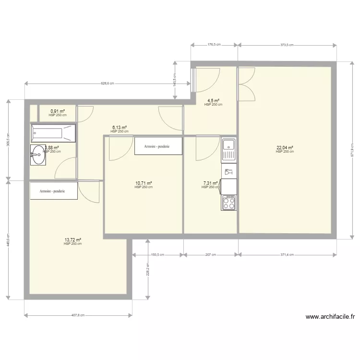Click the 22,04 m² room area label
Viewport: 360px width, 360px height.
tap(285, 148)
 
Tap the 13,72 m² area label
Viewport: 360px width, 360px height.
tap(72, 240)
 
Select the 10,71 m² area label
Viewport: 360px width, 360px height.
tap(144, 183)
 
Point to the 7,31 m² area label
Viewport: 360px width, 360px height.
tap(211, 183)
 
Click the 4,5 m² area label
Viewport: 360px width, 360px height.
tap(213, 101)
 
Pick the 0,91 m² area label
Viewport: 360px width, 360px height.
tap(58, 112)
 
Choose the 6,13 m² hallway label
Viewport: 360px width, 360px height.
tap(120, 128)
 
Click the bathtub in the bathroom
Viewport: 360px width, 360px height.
tap(53, 133)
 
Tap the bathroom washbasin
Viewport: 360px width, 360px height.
tap(38, 155)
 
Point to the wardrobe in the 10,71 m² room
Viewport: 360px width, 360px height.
tap(158, 146)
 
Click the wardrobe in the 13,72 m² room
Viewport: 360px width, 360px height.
tap(53, 191)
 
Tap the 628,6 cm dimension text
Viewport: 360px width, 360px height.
tap(107, 84)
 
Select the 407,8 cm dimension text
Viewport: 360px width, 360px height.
tap(78, 315)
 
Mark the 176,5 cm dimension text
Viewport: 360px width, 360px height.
tap(214, 45)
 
